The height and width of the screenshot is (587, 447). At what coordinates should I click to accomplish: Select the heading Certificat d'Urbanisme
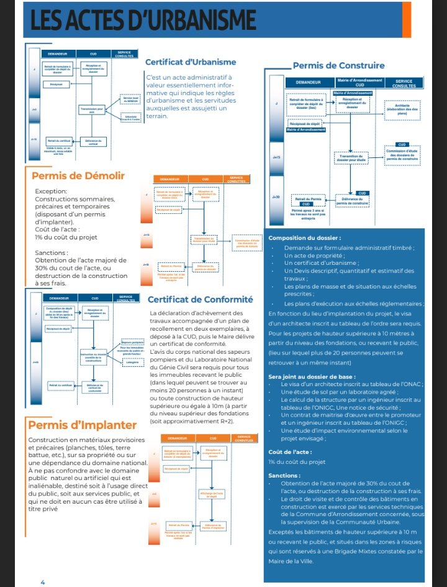tap(191, 62)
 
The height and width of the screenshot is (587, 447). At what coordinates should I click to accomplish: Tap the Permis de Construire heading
tap(338, 65)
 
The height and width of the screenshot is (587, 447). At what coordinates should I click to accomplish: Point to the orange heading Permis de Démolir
tap(78, 176)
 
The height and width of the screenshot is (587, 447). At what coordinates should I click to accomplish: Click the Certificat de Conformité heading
tap(200, 298)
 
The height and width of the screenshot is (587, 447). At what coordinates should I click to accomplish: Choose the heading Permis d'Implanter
tap(82, 425)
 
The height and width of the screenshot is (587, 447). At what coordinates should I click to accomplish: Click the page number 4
tap(43, 582)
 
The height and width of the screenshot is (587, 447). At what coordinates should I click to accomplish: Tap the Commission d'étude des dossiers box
tap(402, 155)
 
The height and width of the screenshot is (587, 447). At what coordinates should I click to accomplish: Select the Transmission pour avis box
tap(92, 111)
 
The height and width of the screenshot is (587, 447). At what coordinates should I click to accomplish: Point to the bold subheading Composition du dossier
tap(304, 238)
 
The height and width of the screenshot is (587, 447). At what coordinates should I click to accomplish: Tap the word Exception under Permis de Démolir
tap(53, 192)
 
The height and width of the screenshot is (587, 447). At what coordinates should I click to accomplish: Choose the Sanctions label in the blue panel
tap(284, 475)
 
